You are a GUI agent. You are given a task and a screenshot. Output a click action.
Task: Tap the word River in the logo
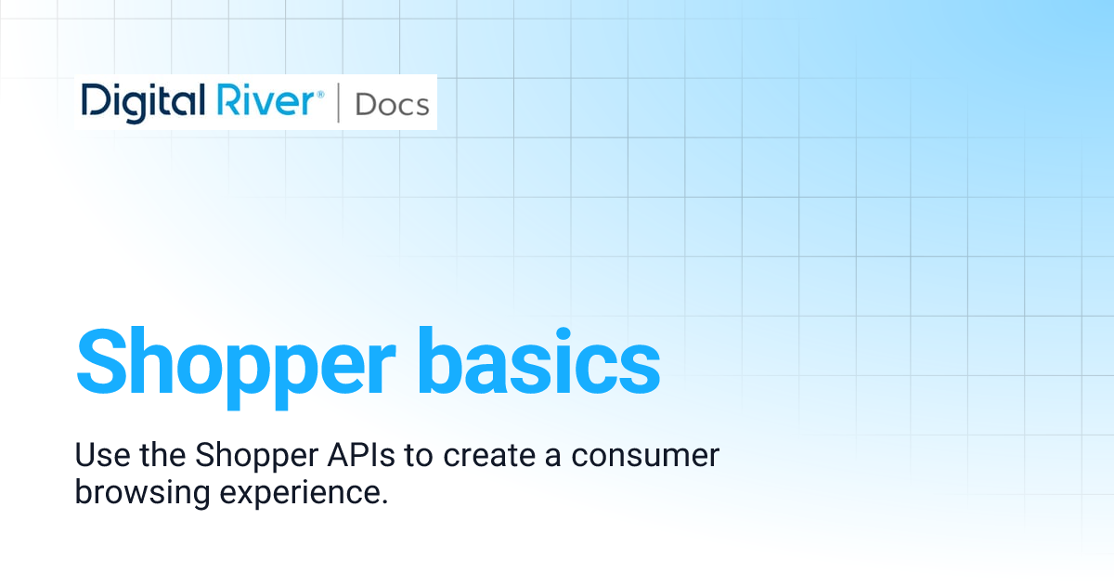pos(269,101)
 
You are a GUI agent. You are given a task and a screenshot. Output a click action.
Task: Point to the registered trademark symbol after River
pos(321,93)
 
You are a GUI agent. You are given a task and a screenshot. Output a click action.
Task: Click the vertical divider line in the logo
pos(337,102)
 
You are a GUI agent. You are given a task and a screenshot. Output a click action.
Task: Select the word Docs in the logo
pos(392,104)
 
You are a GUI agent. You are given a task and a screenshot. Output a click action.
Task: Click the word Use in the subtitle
pos(97,456)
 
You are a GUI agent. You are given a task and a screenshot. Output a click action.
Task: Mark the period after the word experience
pos(382,501)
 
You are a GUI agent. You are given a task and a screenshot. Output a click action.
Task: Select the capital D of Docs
pos(365,104)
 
